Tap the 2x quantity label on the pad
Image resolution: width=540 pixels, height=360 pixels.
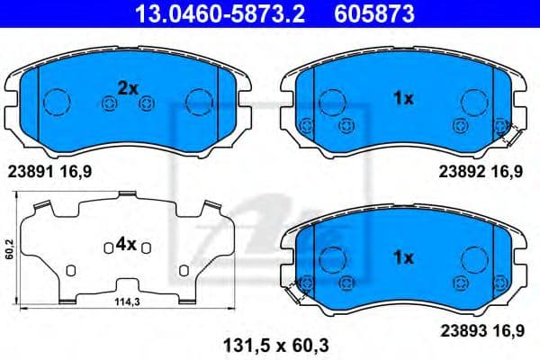127,88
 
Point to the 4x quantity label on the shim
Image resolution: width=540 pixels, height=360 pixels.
125,243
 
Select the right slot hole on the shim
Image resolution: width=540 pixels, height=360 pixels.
182,269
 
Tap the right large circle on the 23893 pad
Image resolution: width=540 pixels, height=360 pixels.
473,259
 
